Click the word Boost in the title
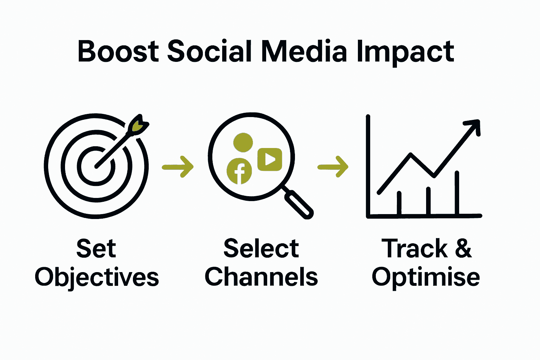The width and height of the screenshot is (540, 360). (118, 52)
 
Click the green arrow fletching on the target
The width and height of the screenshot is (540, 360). (139, 126)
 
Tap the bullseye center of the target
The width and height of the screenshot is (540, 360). (96, 166)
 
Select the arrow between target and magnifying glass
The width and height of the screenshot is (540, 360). (178, 167)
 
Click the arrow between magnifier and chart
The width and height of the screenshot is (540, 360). (333, 167)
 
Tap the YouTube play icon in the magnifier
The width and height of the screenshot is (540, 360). (270, 159)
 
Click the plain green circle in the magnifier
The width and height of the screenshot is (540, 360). (243, 142)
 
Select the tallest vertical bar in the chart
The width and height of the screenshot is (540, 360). (457, 193)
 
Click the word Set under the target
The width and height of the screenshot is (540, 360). (96, 249)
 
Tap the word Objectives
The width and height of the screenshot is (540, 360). (97, 277)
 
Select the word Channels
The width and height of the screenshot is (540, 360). (261, 277)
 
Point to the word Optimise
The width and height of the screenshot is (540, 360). (425, 277)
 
